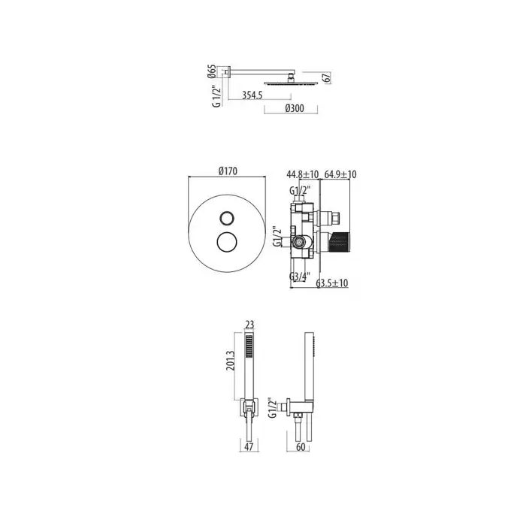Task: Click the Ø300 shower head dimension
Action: pyautogui.click(x=295, y=108)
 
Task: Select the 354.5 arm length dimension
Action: pyautogui.click(x=252, y=95)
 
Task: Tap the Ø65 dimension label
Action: pyautogui.click(x=212, y=71)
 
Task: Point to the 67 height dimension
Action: pyautogui.click(x=327, y=77)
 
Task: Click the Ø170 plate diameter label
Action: pyautogui.click(x=228, y=171)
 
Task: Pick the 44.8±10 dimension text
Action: pyautogui.click(x=303, y=174)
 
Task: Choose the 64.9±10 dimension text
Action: pyautogui.click(x=340, y=174)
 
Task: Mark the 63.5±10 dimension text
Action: pyautogui.click(x=332, y=283)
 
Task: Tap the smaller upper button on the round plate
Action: pyautogui.click(x=226, y=219)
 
